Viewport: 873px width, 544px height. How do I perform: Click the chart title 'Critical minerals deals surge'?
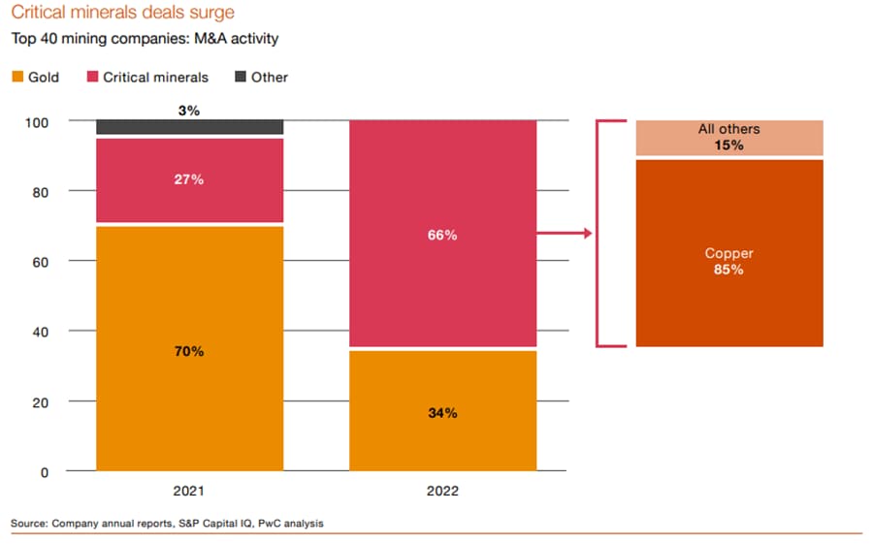(122, 14)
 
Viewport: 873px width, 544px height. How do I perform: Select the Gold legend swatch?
(18, 77)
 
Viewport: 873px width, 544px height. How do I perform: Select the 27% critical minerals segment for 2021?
(189, 180)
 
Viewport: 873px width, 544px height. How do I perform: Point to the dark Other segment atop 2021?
(189, 127)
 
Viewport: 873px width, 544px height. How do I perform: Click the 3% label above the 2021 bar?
(189, 111)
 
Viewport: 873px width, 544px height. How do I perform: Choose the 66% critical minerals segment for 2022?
(442, 234)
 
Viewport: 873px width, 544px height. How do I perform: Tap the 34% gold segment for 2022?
(442, 412)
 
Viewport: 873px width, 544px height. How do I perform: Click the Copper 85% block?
(728, 262)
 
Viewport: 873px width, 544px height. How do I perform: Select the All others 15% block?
(728, 138)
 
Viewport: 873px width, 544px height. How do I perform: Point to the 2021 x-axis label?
(189, 492)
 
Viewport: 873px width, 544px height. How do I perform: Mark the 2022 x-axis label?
(442, 492)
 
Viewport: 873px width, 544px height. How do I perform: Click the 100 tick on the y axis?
(38, 122)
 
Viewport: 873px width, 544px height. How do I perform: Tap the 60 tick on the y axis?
(41, 262)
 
